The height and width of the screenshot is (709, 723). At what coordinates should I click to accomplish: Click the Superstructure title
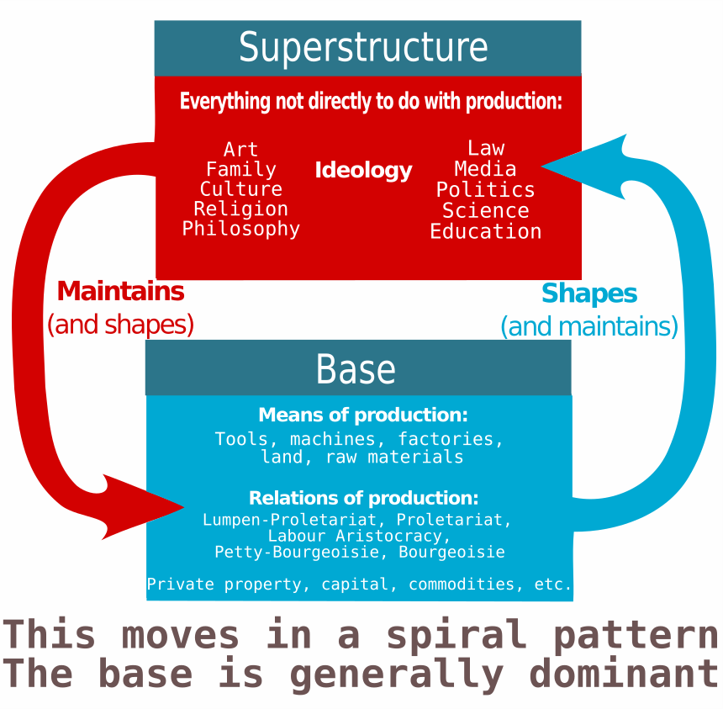(x=363, y=47)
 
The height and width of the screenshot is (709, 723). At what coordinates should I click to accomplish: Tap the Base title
(x=356, y=369)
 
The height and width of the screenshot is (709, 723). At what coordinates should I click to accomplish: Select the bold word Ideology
(x=363, y=170)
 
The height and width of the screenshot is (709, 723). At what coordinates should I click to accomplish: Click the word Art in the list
(x=241, y=150)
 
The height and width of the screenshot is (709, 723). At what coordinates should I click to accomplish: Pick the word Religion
(x=241, y=209)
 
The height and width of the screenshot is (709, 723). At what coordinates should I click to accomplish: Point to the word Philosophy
(x=241, y=229)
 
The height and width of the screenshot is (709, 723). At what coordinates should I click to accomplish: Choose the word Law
(x=486, y=148)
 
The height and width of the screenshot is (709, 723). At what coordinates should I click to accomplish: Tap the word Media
(x=486, y=168)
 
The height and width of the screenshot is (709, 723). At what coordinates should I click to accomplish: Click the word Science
(x=486, y=210)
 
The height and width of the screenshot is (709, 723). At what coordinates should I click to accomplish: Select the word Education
(x=486, y=231)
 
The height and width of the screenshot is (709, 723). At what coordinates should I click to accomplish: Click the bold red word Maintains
(x=120, y=292)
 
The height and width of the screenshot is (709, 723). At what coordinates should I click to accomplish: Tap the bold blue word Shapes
(x=589, y=294)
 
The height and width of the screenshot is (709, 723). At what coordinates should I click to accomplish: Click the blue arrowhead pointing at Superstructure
(x=580, y=165)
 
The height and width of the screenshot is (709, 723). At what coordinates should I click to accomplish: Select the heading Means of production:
(x=363, y=415)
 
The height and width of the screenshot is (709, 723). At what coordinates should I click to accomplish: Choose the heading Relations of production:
(x=363, y=497)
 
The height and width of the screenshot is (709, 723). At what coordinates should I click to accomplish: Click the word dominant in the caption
(x=624, y=674)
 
